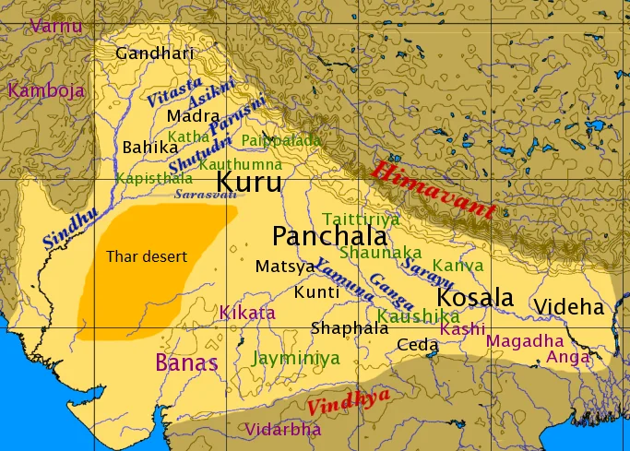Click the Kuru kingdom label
tap(249, 182)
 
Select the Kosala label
tap(474, 298)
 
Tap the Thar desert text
tap(146, 255)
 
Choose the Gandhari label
tap(154, 53)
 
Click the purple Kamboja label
tap(46, 90)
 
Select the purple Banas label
tap(186, 362)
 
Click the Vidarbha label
tap(283, 429)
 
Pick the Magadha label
tap(524, 340)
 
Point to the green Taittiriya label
tap(361, 219)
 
